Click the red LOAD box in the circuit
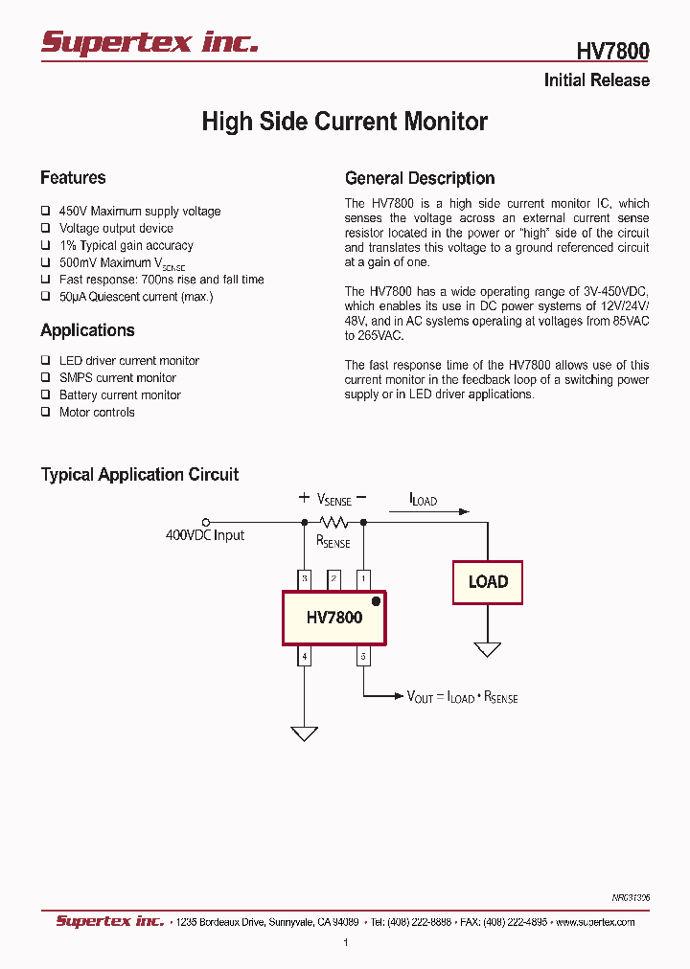(487, 582)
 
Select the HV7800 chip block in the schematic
(333, 618)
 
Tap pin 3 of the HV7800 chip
(305, 578)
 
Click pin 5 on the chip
(363, 656)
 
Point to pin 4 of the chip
(305, 656)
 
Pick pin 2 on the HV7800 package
(333, 578)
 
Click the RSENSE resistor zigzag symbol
(333, 522)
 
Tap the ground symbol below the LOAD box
(488, 649)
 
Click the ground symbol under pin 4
(305, 733)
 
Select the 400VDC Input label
(205, 535)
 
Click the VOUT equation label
(462, 697)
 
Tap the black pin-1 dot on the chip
(376, 601)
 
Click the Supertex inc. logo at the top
(149, 42)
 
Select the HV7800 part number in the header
(612, 51)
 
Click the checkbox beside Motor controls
(45, 412)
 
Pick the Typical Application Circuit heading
(139, 474)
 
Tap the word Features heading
(73, 177)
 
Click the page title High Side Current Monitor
(344, 122)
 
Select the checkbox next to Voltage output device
(45, 228)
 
